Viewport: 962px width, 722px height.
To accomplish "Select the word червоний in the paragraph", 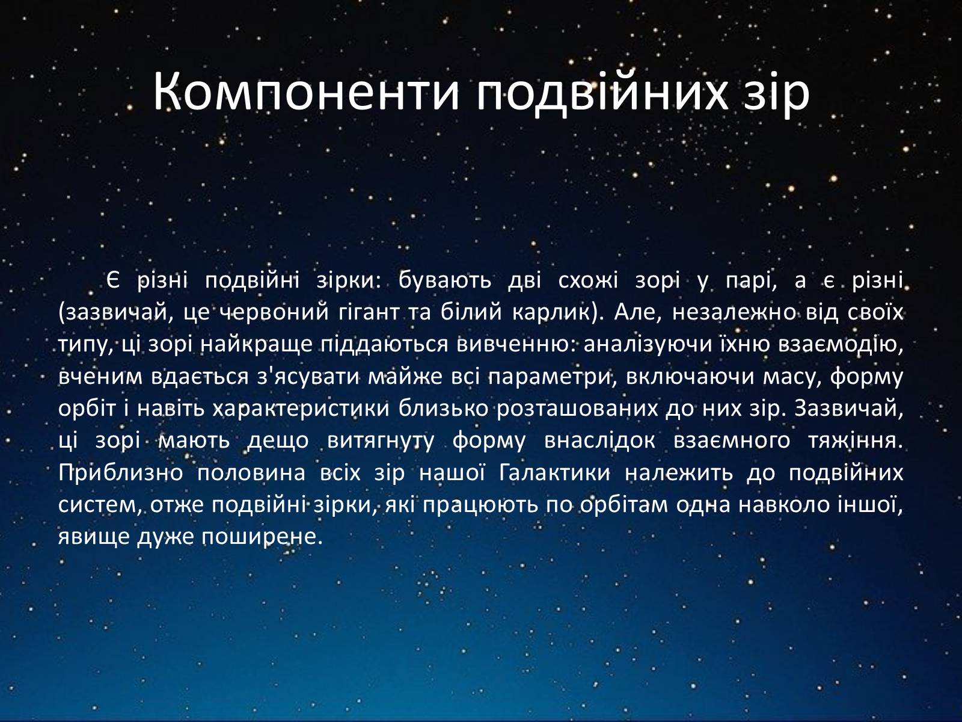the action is point(274,312).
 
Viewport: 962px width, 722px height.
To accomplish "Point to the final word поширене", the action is point(262,537).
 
